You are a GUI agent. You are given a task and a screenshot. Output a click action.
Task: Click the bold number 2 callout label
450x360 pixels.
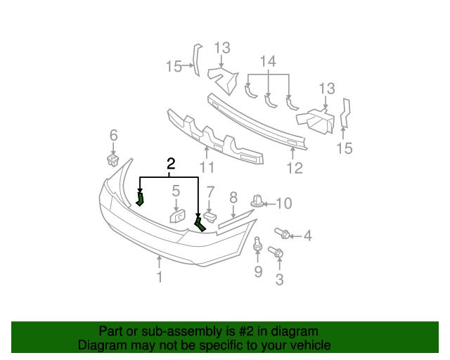pos(169,164)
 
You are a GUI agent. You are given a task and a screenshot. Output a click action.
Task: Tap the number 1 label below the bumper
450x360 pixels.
pos(160,277)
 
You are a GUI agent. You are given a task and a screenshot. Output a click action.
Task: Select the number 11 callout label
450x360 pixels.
pos(206,167)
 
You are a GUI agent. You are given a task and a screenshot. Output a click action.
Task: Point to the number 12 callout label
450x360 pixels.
pos(294,167)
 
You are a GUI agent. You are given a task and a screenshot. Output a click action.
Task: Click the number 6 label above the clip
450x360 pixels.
pos(113,135)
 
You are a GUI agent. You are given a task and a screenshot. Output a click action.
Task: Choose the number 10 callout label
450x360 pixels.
pos(283,204)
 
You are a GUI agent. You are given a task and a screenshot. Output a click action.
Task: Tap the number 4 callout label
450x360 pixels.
pos(307,236)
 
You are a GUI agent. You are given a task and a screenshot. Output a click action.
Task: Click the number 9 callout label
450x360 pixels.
pos(258,271)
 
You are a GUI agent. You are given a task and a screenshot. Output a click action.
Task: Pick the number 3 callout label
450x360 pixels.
pos(279,281)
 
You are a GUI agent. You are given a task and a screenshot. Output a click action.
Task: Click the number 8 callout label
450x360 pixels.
pos(233,198)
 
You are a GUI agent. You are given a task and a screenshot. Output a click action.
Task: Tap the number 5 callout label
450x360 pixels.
pos(176,190)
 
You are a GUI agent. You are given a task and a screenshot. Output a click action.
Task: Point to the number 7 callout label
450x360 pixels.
pos(210,191)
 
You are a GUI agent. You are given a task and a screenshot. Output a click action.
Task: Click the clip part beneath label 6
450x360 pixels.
pos(112,158)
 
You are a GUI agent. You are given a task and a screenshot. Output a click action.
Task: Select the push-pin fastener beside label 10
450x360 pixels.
pos(259,202)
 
